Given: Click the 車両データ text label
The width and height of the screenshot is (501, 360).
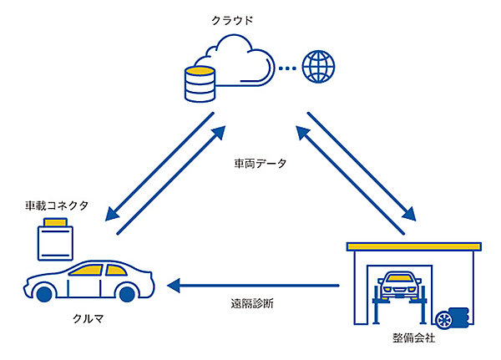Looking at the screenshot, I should tap(260, 164).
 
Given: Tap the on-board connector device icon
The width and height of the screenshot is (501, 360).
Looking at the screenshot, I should tap(55, 239).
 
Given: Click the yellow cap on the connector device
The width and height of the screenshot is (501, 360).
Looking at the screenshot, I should tap(55, 222).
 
